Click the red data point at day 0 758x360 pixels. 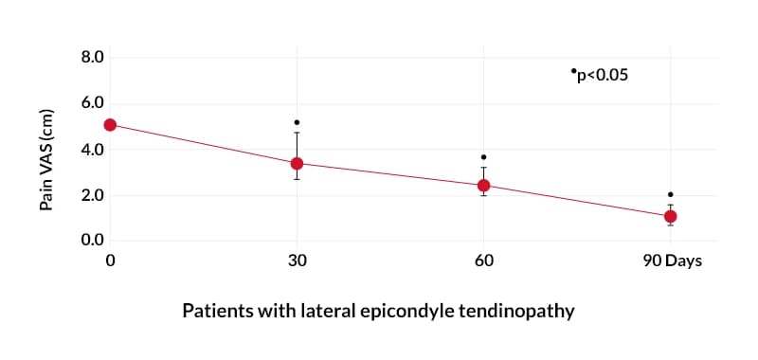pos(110,125)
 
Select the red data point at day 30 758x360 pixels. pos(297,163)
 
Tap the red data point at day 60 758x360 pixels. pos(483,185)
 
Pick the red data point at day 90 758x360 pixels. pos(670,216)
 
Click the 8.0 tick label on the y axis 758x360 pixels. pos(92,58)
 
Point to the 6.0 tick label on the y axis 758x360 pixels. pos(92,103)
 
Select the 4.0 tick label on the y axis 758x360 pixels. pos(92,150)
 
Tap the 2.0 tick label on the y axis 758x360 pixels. pos(92,196)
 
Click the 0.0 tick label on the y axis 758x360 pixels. pos(92,240)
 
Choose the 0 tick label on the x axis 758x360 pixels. pos(110,261)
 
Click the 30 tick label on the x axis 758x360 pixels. pos(297,261)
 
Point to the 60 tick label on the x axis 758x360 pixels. pos(483,261)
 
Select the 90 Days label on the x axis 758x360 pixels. pos(672,261)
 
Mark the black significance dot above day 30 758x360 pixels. pos(297,122)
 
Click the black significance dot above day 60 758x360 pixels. pos(483,157)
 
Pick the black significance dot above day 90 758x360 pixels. pos(670,194)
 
